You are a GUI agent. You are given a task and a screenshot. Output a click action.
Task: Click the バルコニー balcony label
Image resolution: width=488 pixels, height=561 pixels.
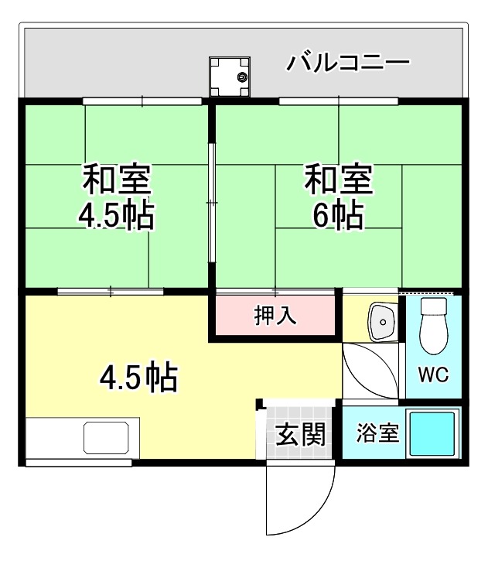[x=347, y=62]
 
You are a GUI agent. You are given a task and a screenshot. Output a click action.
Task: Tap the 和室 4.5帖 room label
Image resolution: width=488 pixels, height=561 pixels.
[x=118, y=197]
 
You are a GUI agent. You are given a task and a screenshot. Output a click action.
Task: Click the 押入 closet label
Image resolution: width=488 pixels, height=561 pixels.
[x=275, y=315]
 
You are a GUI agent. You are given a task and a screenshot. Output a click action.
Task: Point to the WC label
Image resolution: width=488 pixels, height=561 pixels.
[x=433, y=375]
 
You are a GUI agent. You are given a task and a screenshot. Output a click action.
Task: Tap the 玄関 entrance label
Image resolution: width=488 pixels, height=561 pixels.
[x=299, y=436]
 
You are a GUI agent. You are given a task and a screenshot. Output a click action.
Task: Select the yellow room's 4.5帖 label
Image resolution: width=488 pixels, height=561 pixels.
[x=140, y=377]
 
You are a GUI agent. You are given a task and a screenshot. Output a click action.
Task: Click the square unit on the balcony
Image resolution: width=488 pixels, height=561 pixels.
[x=232, y=77]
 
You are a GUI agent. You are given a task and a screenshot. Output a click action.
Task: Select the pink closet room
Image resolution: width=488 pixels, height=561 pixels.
[x=275, y=315]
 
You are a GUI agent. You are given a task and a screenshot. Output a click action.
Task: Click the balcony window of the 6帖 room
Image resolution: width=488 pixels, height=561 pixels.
[x=338, y=101]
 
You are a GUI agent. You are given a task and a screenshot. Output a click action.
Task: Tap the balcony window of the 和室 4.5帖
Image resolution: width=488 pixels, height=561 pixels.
[x=142, y=101]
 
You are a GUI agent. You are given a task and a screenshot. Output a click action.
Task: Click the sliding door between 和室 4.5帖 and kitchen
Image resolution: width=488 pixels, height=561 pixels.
[x=110, y=292]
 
